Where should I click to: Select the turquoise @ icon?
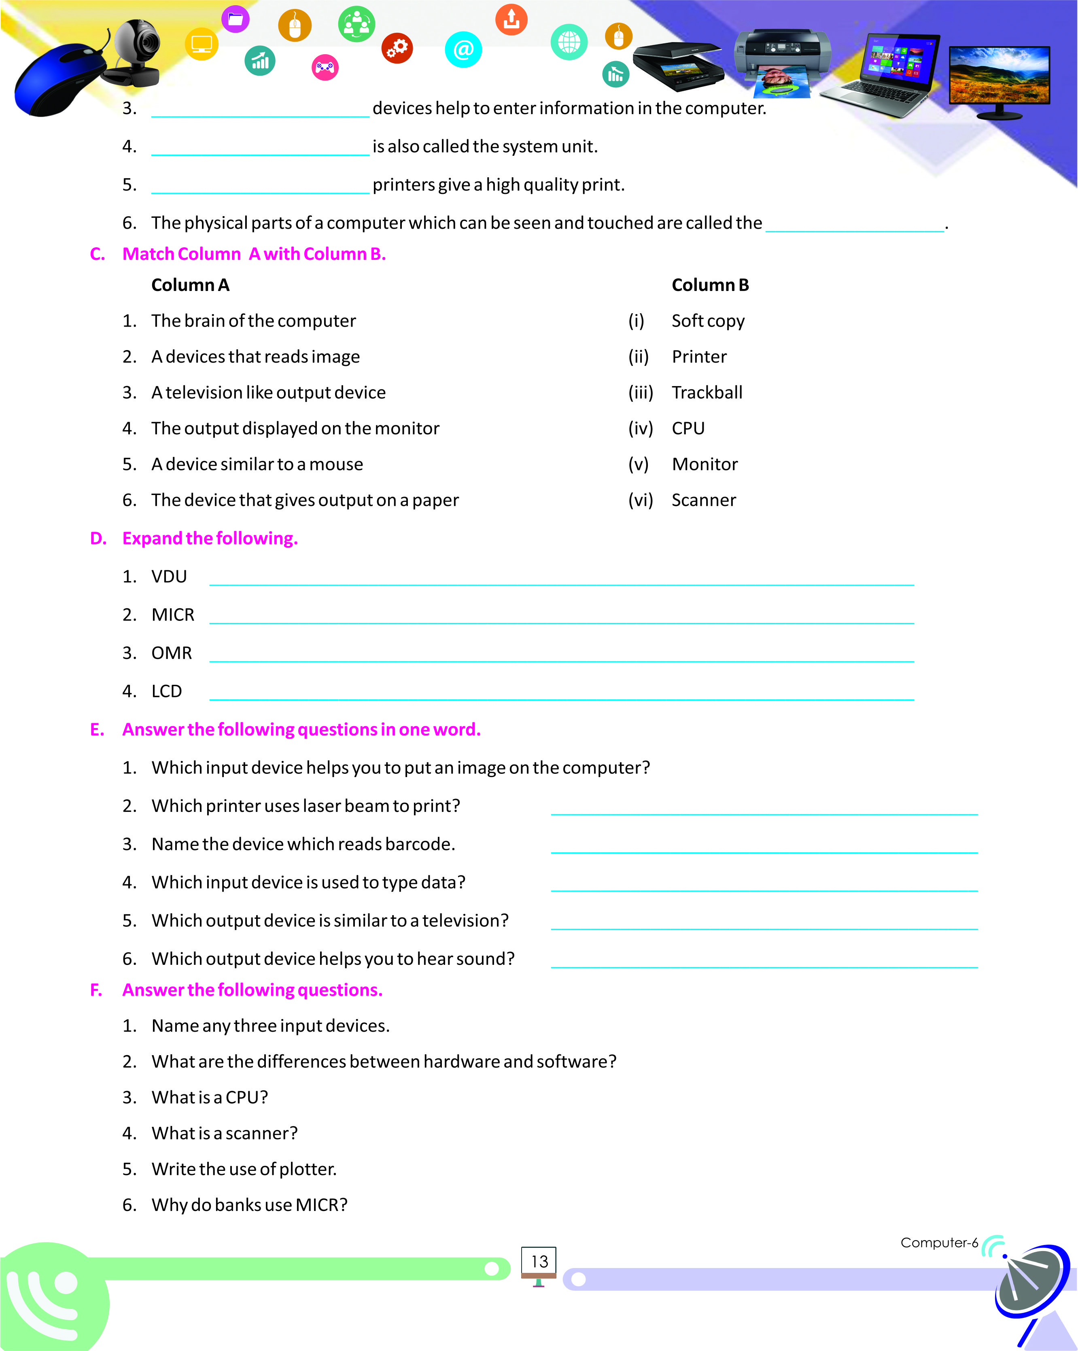pyautogui.click(x=463, y=49)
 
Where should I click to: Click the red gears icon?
pyautogui.click(x=397, y=48)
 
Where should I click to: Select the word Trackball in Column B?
pyautogui.click(x=707, y=393)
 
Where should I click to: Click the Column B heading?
pyautogui.click(x=710, y=285)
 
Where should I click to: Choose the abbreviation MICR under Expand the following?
pyautogui.click(x=173, y=615)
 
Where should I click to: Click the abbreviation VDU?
pyautogui.click(x=169, y=576)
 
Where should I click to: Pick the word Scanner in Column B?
pyautogui.click(x=703, y=500)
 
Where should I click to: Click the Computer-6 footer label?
pyautogui.click(x=938, y=1243)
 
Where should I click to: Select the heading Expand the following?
pyautogui.click(x=210, y=538)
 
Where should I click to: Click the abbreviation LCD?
pyautogui.click(x=167, y=691)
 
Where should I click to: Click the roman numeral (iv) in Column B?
pyautogui.click(x=640, y=429)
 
